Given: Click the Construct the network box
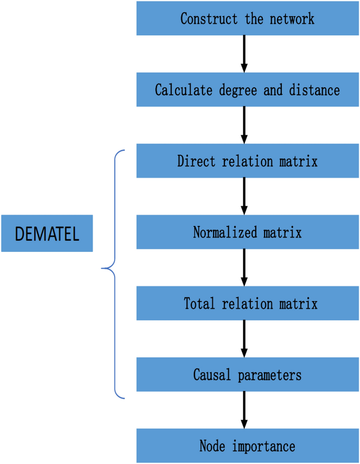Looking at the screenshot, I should tap(247, 19).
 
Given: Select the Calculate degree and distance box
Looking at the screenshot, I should tap(247, 90).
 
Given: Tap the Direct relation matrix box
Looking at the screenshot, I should tap(247, 161).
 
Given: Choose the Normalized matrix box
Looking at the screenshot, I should tap(247, 232).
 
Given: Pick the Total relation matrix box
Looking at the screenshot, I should tap(247, 303).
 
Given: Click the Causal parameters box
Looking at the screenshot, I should tap(247, 374).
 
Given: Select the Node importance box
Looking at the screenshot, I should tap(247, 445).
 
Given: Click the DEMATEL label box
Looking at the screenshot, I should tap(47, 233).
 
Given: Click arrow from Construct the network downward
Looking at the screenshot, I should tap(244, 54).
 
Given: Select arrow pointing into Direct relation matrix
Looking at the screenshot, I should tap(244, 125).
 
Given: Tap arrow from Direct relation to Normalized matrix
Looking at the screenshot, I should tap(244, 196).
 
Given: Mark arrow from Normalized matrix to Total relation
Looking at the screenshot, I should tap(244, 267).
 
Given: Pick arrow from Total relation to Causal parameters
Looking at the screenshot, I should tap(244, 339).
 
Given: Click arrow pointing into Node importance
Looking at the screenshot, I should tap(244, 410).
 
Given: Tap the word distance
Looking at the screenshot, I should tap(314, 90).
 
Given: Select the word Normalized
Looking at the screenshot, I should tap(225, 232).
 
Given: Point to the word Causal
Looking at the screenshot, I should tap(212, 375).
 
